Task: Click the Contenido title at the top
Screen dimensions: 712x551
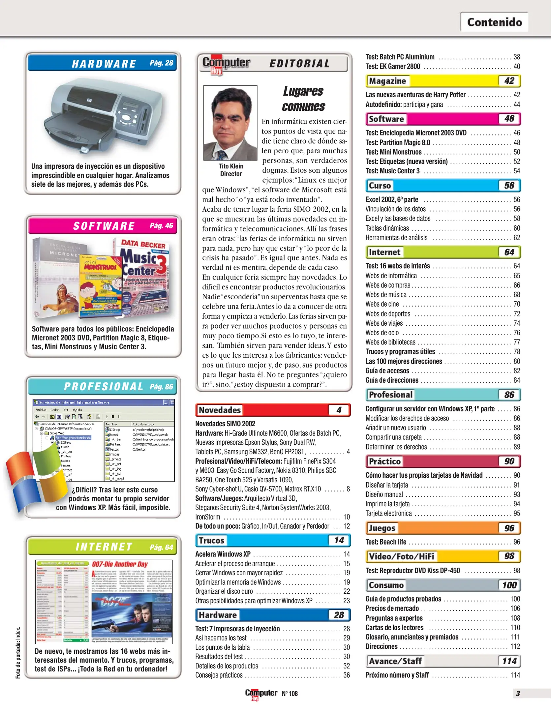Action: pyautogui.click(x=494, y=22)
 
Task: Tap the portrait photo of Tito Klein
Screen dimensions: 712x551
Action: pyautogui.click(x=230, y=123)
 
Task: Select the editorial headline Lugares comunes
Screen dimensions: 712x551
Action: pyautogui.click(x=303, y=99)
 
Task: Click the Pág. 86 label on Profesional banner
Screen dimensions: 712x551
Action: pyautogui.click(x=161, y=387)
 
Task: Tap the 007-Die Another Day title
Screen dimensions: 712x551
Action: pyautogui.click(x=120, y=564)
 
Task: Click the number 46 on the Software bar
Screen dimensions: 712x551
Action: pyautogui.click(x=509, y=119)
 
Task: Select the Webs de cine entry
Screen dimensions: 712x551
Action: pyautogui.click(x=382, y=304)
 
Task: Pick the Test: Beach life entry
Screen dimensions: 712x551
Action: pyautogui.click(x=386, y=542)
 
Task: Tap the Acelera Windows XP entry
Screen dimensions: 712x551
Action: pyautogui.click(x=223, y=554)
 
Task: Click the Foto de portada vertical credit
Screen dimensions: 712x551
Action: pyautogui.click(x=18, y=653)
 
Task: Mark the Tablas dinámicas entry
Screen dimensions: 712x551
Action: pyautogui.click(x=387, y=228)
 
